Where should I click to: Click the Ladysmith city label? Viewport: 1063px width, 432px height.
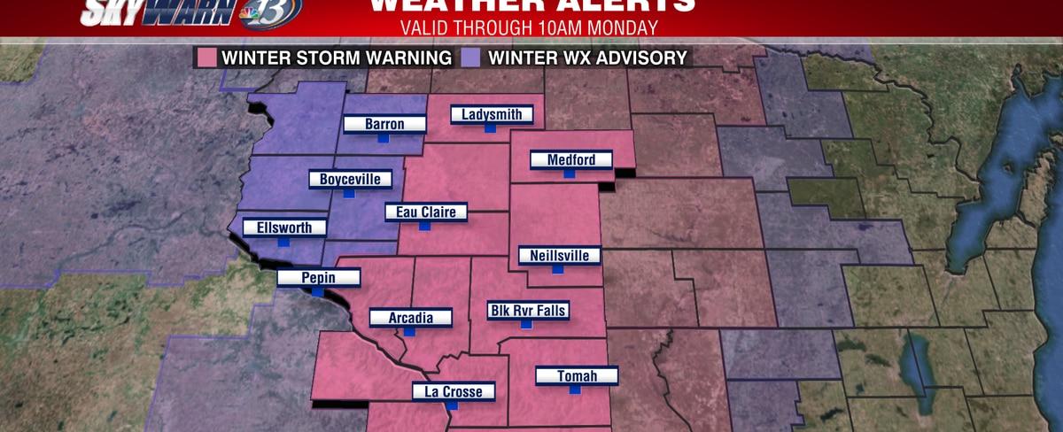(x=492, y=114)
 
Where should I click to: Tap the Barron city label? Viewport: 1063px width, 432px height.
(x=384, y=124)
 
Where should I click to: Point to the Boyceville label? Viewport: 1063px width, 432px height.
(x=350, y=179)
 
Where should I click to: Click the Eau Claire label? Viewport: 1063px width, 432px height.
(x=425, y=212)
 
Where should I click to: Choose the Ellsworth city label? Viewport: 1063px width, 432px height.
(x=283, y=228)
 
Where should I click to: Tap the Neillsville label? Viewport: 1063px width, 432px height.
(x=559, y=256)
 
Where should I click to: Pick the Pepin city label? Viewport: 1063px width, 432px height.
(x=318, y=277)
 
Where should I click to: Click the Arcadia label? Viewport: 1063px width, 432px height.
(x=410, y=317)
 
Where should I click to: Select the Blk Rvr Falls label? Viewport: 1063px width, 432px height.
(x=528, y=310)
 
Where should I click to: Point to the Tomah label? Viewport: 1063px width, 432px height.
(x=577, y=376)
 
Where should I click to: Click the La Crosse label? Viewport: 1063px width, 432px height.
(x=453, y=391)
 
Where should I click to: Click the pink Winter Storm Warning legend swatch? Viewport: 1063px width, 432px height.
(x=206, y=58)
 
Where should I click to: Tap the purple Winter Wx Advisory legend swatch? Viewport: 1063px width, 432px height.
(x=469, y=58)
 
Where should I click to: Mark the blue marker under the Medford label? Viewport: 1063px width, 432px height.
(x=570, y=174)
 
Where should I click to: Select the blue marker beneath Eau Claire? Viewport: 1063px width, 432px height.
(x=424, y=227)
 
